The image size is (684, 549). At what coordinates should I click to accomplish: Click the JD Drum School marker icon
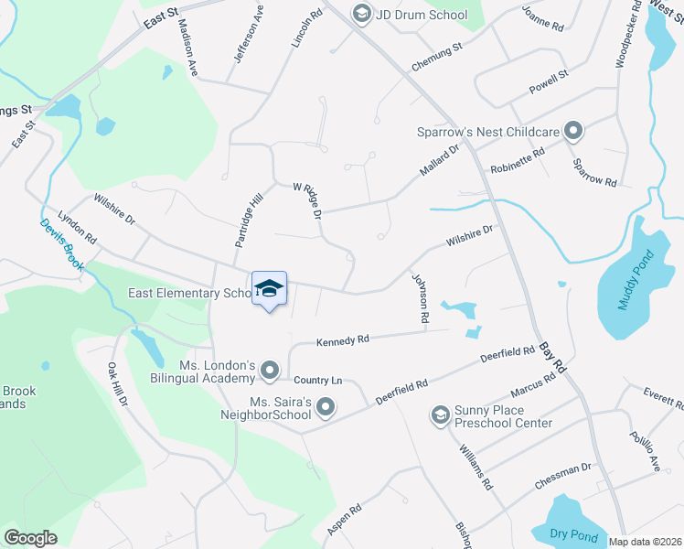pyautogui.click(x=361, y=15)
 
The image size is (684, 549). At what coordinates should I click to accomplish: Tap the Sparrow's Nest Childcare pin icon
pyautogui.click(x=573, y=133)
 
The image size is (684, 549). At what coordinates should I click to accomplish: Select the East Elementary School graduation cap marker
pyautogui.click(x=269, y=289)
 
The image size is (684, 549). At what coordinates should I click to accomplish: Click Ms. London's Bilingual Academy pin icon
pyautogui.click(x=270, y=371)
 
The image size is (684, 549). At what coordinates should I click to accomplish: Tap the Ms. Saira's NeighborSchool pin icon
pyautogui.click(x=325, y=407)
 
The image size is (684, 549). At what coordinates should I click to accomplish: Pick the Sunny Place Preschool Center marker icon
pyautogui.click(x=440, y=415)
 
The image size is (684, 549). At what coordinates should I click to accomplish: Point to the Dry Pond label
pyautogui.click(x=572, y=533)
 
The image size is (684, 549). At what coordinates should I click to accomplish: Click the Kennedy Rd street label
pyautogui.click(x=343, y=340)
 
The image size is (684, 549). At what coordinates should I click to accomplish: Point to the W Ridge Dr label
pyautogui.click(x=308, y=200)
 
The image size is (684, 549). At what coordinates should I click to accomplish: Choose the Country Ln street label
pyautogui.click(x=317, y=380)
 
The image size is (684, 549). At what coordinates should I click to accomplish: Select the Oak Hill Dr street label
pyautogui.click(x=118, y=383)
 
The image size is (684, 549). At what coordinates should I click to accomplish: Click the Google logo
pyautogui.click(x=30, y=538)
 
